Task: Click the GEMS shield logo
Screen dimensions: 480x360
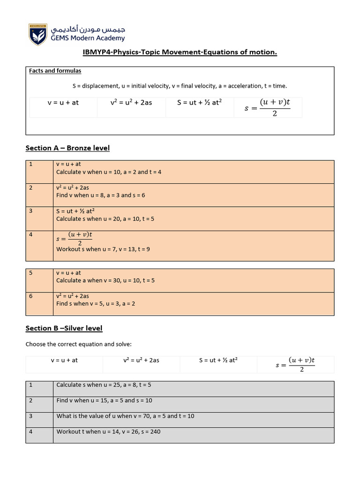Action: pos(38,34)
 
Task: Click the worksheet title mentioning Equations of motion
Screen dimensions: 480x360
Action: pos(180,52)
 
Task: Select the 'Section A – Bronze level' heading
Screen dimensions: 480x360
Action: pos(67,148)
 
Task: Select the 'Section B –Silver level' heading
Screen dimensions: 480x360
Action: pos(64,328)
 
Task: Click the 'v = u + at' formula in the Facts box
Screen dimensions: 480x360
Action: pos(63,103)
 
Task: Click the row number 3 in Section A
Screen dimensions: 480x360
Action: pos(30,211)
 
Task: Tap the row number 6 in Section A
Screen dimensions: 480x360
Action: pos(30,296)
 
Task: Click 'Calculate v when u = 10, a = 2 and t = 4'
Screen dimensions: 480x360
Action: pos(109,172)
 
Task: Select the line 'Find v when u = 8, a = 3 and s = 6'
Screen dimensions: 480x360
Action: pos(100,195)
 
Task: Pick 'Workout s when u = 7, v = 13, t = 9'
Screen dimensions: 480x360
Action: pos(103,249)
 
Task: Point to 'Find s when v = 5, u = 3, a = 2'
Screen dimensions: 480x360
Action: pos(96,303)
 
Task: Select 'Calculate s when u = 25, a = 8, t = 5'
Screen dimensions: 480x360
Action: pos(104,385)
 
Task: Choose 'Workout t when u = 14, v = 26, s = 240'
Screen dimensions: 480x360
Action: pos(108,431)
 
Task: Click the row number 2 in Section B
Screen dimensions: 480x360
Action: pos(30,400)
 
